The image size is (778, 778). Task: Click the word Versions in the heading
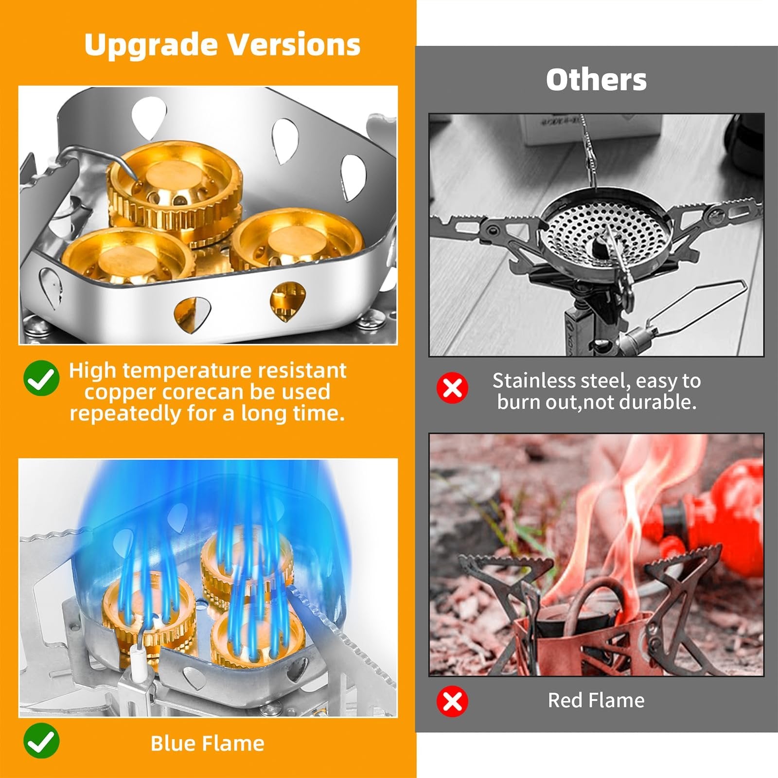(295, 44)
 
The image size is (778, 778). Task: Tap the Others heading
(596, 79)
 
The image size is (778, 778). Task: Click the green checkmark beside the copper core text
(41, 378)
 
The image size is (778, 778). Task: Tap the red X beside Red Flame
(452, 701)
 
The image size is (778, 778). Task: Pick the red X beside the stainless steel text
(452, 388)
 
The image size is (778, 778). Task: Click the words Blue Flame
(208, 743)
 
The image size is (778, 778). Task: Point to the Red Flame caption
(596, 700)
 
